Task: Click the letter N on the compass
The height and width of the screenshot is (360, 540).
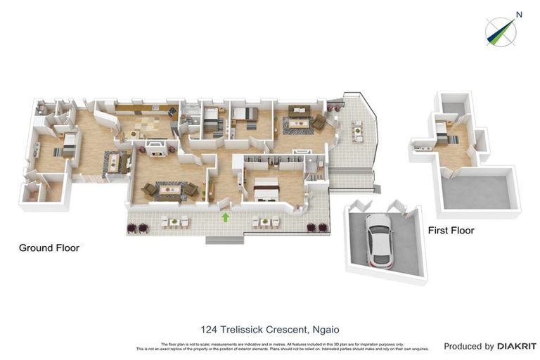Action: (x=519, y=14)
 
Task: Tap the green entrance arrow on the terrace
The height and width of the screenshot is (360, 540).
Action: (x=226, y=218)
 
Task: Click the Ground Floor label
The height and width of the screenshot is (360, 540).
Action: (x=49, y=248)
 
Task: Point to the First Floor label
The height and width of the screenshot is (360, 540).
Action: (x=451, y=231)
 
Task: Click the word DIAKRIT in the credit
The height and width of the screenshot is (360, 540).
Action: (x=517, y=346)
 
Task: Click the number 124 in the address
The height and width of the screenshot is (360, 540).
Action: (x=209, y=329)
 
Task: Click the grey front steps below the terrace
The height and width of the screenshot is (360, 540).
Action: (x=223, y=240)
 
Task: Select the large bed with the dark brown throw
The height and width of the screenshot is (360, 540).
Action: (x=266, y=187)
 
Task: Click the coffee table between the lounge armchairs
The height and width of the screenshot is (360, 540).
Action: (x=169, y=190)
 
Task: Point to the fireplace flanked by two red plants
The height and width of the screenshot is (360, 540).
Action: (x=155, y=148)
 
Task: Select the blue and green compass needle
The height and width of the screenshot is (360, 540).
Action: (x=500, y=32)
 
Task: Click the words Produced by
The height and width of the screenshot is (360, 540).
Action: (x=468, y=346)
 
